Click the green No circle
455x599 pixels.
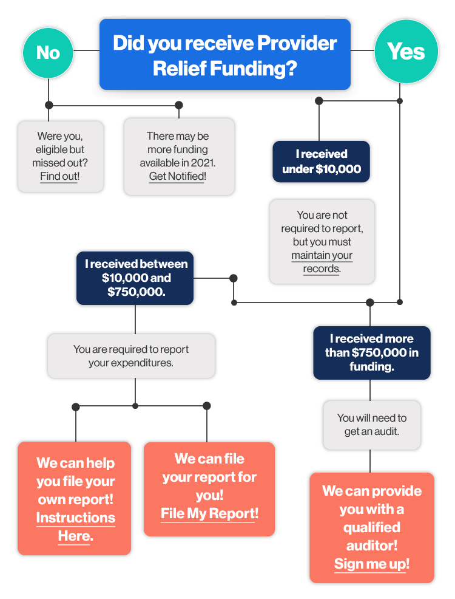(48, 53)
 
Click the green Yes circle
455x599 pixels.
(406, 52)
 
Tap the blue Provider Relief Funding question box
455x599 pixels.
(225, 55)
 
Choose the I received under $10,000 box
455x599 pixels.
(321, 162)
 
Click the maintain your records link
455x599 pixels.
(322, 262)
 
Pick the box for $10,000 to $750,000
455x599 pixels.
(135, 278)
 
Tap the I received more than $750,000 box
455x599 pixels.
(371, 352)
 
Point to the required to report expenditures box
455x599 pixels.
(131, 356)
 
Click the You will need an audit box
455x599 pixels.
(371, 425)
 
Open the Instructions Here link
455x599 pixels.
(75, 527)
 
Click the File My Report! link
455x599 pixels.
(209, 513)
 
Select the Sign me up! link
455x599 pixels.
(371, 564)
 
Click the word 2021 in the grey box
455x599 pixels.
(203, 163)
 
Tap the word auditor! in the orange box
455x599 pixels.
(371, 546)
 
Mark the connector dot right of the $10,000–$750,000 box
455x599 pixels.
(234, 278)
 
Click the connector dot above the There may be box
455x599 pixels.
(178, 105)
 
